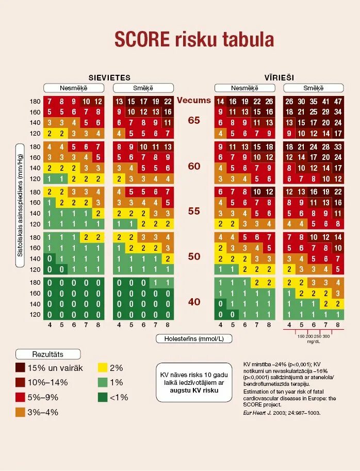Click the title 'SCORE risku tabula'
(194, 40)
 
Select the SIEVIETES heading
(109, 77)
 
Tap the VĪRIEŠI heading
(279, 77)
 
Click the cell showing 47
(338, 102)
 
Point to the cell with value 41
(325, 102)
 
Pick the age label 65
(194, 120)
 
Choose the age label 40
(194, 302)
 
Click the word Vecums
(194, 100)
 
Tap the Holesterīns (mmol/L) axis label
(194, 338)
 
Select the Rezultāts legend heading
(48, 354)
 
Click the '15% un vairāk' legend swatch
(21, 368)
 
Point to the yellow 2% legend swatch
(103, 368)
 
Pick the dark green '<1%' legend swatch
(103, 397)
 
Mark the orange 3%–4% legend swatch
(21, 412)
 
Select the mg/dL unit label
(313, 342)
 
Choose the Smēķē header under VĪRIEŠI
(313, 88)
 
